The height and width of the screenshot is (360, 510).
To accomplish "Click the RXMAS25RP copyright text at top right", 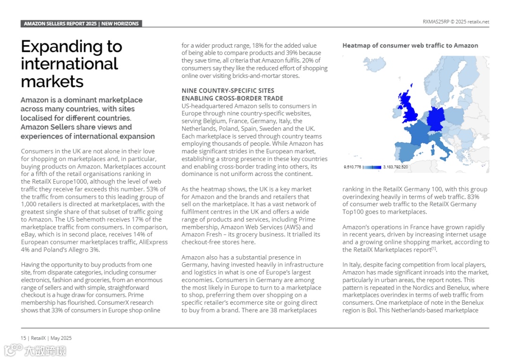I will [456, 22].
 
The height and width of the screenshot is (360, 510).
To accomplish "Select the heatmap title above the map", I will [410, 46].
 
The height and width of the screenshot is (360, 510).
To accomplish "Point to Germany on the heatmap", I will [437, 119].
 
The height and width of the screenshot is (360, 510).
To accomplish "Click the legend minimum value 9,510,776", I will [352, 167].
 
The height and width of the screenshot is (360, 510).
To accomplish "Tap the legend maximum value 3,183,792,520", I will [395, 167].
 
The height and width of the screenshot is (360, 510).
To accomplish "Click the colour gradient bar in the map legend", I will [372, 167].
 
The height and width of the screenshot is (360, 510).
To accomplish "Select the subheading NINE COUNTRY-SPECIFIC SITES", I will [228, 91].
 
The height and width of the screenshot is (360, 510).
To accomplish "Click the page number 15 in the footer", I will [23, 338].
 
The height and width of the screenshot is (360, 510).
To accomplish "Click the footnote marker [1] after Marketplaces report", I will [433, 249].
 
